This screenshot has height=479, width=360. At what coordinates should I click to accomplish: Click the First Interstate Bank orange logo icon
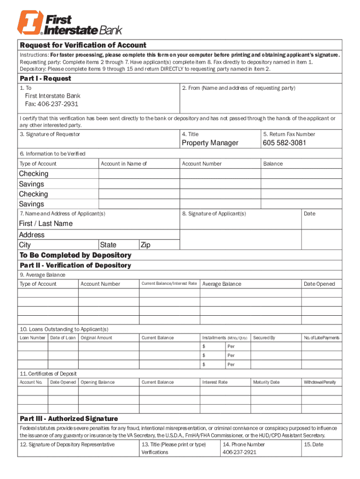click(x=30, y=23)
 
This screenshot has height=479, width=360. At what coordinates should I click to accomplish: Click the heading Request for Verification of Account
click(x=83, y=45)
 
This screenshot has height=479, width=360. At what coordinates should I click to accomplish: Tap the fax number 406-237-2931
click(x=51, y=104)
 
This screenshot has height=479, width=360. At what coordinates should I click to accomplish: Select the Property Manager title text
click(x=210, y=143)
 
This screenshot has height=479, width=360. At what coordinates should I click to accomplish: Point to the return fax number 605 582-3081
click(x=284, y=143)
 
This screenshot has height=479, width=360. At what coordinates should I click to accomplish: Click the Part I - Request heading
click(x=45, y=78)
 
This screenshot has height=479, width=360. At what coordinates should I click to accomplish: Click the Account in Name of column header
click(x=124, y=164)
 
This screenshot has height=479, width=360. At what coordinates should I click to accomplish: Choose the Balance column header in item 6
click(x=273, y=164)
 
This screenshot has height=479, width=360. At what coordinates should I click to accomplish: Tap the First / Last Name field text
click(x=46, y=224)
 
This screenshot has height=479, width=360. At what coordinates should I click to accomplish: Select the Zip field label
click(x=145, y=245)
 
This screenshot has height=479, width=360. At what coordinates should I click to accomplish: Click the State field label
click(x=108, y=245)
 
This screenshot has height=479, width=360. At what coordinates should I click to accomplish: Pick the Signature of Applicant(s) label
click(x=214, y=214)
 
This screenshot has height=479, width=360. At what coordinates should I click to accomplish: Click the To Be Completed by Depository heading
click(x=75, y=255)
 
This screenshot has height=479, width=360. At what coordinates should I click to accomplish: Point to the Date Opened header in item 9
click(x=319, y=284)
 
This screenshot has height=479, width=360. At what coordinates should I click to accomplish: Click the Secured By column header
click(x=264, y=338)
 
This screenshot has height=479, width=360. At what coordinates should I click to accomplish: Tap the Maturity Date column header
click(x=266, y=382)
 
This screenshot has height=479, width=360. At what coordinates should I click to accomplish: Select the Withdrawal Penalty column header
click(x=320, y=382)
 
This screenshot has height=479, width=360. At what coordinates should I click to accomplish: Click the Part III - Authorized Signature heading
click(x=69, y=419)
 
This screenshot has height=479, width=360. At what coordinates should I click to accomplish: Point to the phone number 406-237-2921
click(x=239, y=452)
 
